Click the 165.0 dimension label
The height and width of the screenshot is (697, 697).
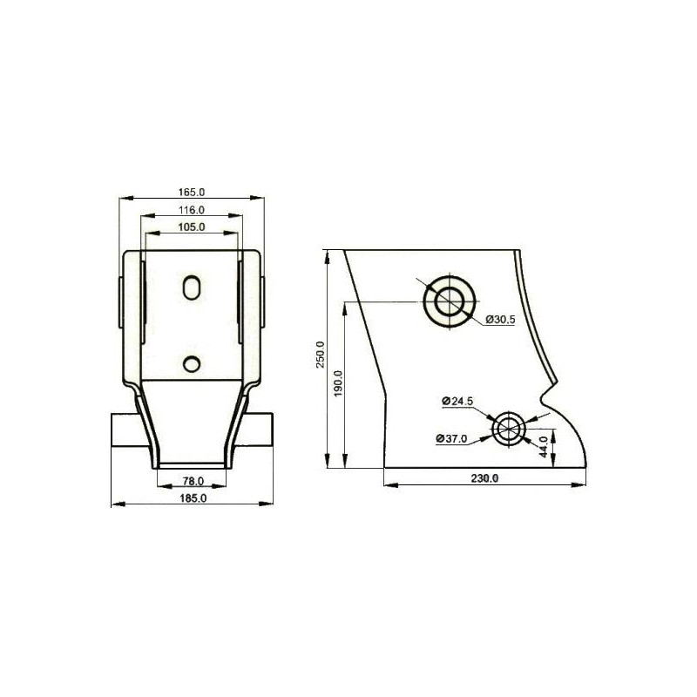192,193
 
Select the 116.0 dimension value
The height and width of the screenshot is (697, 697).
192,210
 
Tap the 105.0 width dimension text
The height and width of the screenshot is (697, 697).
192,227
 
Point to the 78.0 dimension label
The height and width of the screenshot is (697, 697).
193,481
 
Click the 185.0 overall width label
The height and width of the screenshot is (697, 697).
193,498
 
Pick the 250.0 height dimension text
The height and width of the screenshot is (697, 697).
321,355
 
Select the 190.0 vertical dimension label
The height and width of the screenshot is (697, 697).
338,383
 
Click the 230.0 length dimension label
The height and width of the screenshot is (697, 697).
484,478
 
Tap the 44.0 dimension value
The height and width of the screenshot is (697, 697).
543,447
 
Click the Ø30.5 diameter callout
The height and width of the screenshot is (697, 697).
500,319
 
